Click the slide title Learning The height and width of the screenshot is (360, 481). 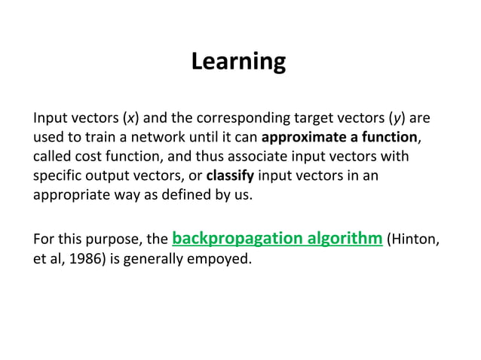pos(238,61)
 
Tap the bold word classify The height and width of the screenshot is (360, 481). pos(230,176)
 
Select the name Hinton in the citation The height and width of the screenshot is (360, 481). pos(414,241)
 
